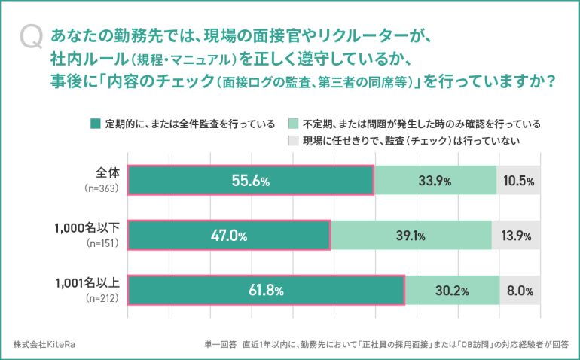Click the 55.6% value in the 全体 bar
[250, 182]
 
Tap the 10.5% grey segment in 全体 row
[519, 182]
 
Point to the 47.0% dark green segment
[228, 236]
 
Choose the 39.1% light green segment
[411, 236]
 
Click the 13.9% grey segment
[516, 236]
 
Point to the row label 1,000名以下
[83, 227]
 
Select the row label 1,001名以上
[83, 282]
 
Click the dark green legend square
[95, 124]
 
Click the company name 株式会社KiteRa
[44, 344]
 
